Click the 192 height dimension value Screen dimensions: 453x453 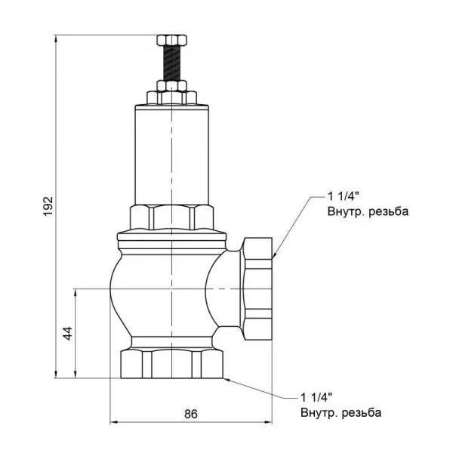(47, 205)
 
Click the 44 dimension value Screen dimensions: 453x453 (66, 333)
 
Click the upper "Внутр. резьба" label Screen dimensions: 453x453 (367, 212)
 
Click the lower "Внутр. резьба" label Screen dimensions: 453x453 (341, 413)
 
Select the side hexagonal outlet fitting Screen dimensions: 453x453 (257, 287)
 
